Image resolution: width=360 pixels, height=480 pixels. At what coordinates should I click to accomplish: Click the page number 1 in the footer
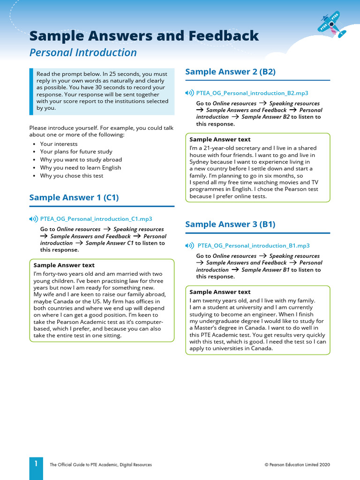point(36,464)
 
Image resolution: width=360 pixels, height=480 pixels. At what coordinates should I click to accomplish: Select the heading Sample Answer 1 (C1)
point(74,197)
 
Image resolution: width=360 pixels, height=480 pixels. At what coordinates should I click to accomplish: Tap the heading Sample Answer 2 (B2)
point(230,72)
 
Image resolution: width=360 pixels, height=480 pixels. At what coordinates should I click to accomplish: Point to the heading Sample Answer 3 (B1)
point(230,224)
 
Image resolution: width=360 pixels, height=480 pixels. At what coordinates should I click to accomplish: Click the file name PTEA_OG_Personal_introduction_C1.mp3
point(96,219)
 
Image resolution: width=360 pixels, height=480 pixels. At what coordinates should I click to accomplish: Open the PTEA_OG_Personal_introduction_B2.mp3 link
point(252,93)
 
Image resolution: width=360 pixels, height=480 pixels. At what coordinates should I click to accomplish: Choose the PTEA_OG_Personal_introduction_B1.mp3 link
point(253,246)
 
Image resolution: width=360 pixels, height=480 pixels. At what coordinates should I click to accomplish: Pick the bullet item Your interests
point(59,144)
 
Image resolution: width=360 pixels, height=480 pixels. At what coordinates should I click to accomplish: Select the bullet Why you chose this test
point(72,176)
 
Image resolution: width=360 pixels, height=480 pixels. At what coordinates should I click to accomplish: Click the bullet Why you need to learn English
point(80,168)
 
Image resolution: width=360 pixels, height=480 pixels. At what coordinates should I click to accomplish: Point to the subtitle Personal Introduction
point(83,52)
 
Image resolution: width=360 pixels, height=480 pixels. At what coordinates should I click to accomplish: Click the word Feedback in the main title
point(225,36)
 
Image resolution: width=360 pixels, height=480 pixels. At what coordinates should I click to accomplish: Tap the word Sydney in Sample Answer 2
point(200,162)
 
